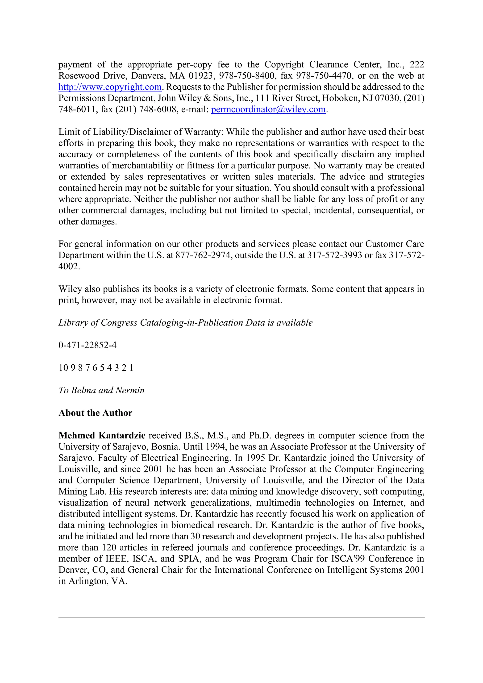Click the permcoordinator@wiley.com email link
coord(268,109)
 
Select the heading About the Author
coord(95,413)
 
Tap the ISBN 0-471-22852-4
coord(87,345)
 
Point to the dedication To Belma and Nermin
coord(101,390)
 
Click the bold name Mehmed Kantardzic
coord(102,436)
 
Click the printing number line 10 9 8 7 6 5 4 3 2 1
coord(96,368)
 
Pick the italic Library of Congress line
coord(185,323)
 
